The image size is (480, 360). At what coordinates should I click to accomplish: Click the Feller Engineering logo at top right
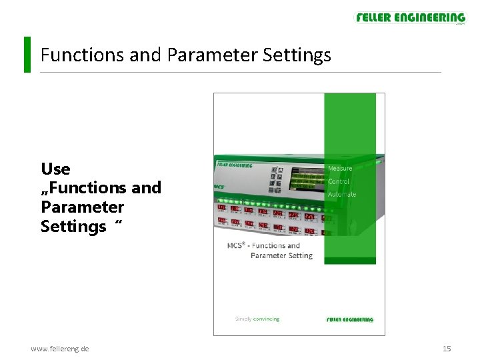pyautogui.click(x=410, y=18)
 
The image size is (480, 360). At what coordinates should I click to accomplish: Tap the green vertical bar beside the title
pyautogui.click(x=27, y=54)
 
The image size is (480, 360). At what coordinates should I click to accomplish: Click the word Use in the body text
pyautogui.click(x=55, y=169)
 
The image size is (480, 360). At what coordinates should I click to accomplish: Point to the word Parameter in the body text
pyautogui.click(x=82, y=207)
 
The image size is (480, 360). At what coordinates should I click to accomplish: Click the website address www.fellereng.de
pyautogui.click(x=60, y=349)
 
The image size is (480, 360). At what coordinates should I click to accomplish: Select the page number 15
pyautogui.click(x=447, y=349)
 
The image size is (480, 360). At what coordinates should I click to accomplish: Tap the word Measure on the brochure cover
pyautogui.click(x=340, y=168)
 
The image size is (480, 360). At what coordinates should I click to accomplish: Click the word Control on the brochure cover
pyautogui.click(x=339, y=181)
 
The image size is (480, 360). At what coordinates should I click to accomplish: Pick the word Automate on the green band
pyautogui.click(x=341, y=194)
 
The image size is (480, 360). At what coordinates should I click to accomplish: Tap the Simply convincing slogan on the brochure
pyautogui.click(x=257, y=319)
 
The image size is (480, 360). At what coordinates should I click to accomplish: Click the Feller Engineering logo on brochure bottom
pyautogui.click(x=350, y=319)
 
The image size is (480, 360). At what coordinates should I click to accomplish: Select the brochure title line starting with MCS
pyautogui.click(x=263, y=245)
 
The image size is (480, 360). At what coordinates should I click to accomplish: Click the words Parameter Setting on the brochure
pyautogui.click(x=281, y=255)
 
